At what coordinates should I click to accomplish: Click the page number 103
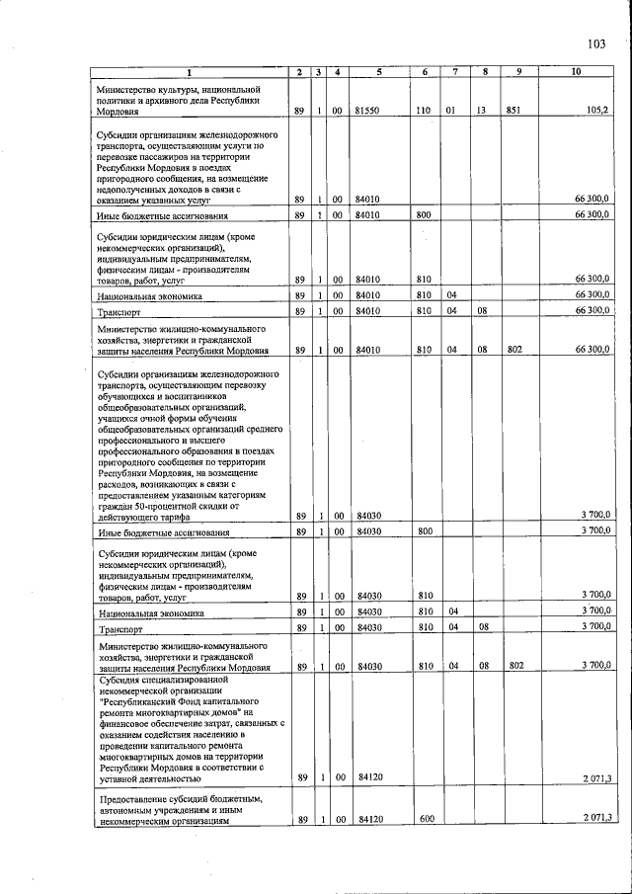point(594,42)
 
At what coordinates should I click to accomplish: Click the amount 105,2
point(596,111)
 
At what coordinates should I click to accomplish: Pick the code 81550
point(368,112)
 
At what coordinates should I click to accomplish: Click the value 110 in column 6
point(423,112)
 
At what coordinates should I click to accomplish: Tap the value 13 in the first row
point(482,112)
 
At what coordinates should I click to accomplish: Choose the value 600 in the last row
point(426,819)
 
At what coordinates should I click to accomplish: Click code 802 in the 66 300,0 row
point(514,350)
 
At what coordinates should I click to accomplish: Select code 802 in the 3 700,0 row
point(514,667)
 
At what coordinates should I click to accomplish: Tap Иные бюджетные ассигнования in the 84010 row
point(163,215)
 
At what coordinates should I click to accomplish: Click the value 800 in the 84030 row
point(426,531)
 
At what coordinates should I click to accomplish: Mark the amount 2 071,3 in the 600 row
point(595,818)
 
